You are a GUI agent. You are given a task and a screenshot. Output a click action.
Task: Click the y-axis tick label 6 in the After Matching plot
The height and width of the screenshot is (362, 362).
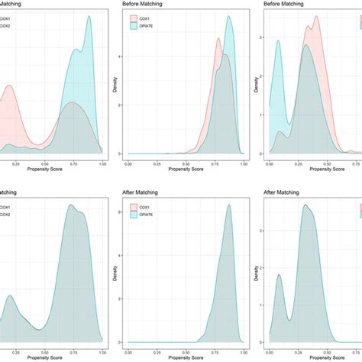tap(121, 207)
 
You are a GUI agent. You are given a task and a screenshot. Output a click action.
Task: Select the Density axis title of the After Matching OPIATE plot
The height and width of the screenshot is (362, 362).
tap(112, 270)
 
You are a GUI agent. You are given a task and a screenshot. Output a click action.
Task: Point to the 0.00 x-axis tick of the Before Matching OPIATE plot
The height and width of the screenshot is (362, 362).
tap(127, 163)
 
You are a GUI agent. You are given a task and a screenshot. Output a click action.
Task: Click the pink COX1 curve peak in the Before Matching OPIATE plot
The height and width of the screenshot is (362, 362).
tap(221, 55)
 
